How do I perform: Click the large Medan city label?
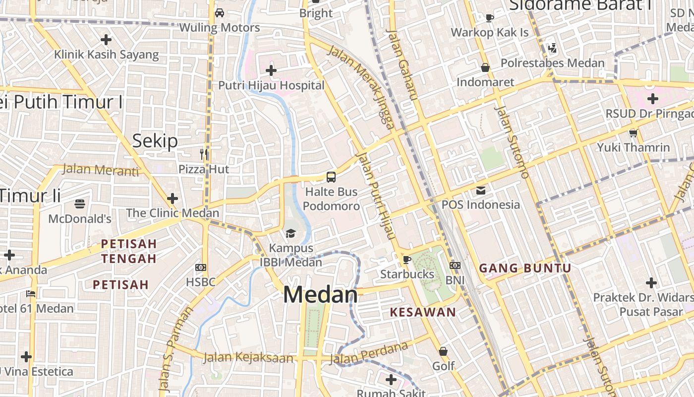click(x=320, y=295)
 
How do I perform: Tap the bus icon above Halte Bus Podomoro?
click(x=331, y=177)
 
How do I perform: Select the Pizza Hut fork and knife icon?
click(x=204, y=154)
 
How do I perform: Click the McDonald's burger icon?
click(x=80, y=204)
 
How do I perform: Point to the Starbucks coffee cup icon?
click(x=406, y=260)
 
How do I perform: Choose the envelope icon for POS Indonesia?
click(x=480, y=190)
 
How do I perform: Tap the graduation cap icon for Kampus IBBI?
click(x=290, y=233)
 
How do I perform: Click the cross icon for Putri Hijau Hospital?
click(x=271, y=70)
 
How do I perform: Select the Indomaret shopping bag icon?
click(x=485, y=67)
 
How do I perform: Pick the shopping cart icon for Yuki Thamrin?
click(x=633, y=133)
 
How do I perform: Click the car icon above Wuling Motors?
click(x=219, y=13)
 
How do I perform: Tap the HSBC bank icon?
click(x=200, y=267)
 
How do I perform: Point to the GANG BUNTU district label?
click(x=525, y=268)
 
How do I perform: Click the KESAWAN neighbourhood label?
click(x=422, y=312)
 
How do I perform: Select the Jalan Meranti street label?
click(x=101, y=170)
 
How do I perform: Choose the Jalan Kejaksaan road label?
click(x=248, y=357)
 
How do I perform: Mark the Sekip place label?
click(x=155, y=141)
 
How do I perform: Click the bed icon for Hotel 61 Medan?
click(x=31, y=294)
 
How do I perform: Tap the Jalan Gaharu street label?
click(x=403, y=65)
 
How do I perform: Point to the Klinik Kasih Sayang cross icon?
click(x=106, y=40)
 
